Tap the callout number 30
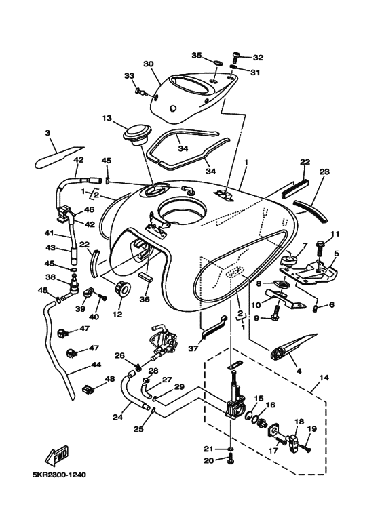tap(149, 64)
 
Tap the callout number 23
tap(324, 172)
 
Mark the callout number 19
tap(312, 429)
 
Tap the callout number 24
tap(117, 418)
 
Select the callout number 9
tap(256, 317)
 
